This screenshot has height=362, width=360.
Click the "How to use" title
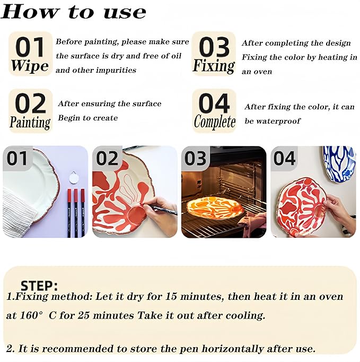tap(74, 12)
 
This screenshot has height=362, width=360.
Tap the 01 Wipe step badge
tap(30, 54)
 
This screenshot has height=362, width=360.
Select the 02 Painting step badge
tap(30, 110)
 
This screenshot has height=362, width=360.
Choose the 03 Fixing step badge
tap(214, 54)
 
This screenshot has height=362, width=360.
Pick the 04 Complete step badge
tap(214, 110)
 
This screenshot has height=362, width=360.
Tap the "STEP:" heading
tap(39, 285)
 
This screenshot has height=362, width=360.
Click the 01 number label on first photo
tap(17, 158)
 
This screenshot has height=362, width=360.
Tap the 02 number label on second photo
tap(107, 158)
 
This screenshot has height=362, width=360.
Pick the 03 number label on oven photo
tap(196, 158)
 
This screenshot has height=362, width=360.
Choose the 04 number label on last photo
tap(285, 158)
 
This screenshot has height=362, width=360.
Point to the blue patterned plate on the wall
tap(340, 162)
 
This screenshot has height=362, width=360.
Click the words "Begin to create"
tap(88, 118)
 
